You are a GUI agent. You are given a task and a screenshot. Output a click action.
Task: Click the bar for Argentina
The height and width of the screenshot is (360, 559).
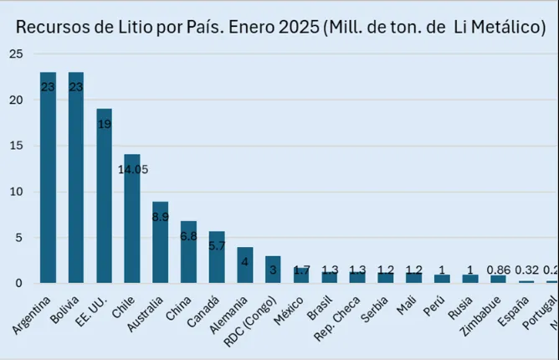[48, 184]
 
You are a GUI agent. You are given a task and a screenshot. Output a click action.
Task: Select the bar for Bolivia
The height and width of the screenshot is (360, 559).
[76, 184]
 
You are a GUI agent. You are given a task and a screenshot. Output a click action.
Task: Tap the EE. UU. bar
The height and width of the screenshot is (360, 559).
[104, 201]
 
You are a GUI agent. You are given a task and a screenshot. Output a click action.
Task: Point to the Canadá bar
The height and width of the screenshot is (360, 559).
[217, 260]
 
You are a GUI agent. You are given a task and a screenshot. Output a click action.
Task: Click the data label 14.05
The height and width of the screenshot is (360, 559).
[132, 169]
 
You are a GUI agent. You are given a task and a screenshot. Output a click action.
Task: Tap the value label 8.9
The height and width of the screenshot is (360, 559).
[161, 215]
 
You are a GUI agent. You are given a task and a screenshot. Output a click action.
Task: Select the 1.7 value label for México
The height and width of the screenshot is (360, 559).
[301, 270]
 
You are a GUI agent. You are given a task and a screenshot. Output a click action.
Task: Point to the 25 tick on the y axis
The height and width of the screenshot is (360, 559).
[16, 54]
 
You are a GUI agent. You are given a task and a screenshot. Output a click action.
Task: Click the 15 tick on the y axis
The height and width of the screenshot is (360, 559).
[16, 146]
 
